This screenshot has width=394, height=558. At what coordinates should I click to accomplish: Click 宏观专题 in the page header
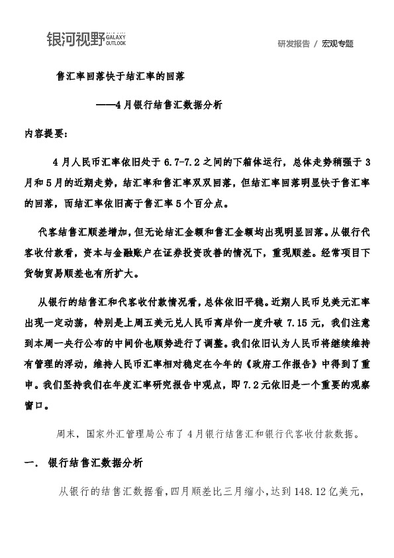click(338, 44)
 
